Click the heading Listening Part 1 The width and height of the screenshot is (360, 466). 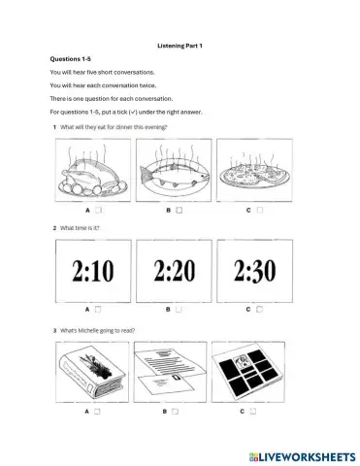click(180, 45)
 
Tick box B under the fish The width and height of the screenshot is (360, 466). click(180, 210)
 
